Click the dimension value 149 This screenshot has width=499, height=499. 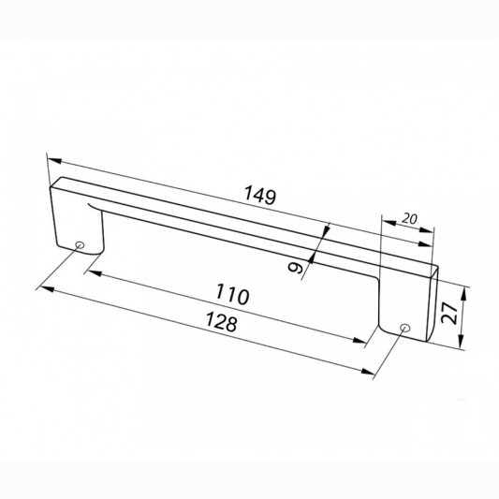pyautogui.click(x=259, y=195)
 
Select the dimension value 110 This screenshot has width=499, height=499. pyautogui.click(x=232, y=294)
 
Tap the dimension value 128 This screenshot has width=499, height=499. pyautogui.click(x=222, y=321)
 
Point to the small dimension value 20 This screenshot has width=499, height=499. pyautogui.click(x=409, y=219)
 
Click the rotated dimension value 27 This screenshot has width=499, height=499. pyautogui.click(x=448, y=313)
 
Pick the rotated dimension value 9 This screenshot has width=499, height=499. pyautogui.click(x=295, y=268)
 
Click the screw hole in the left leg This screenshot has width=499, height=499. pyautogui.click(x=80, y=245)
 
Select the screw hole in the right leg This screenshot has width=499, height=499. pyautogui.click(x=404, y=328)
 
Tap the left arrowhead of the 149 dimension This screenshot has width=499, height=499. pyautogui.click(x=54, y=160)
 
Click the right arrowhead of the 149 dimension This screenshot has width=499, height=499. pyautogui.click(x=425, y=243)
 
